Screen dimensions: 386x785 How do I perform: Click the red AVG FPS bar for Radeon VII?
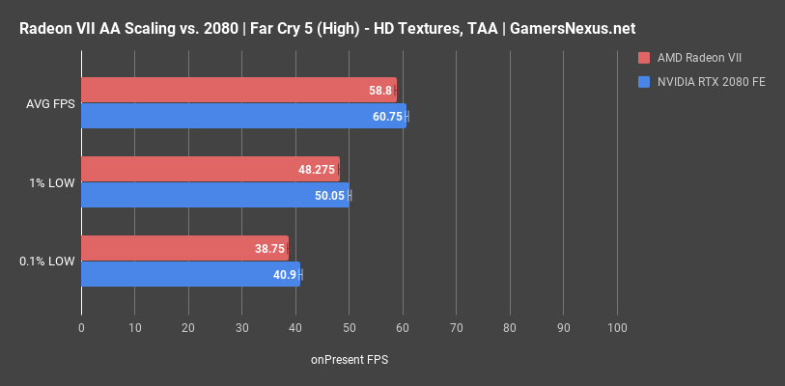coord(238,90)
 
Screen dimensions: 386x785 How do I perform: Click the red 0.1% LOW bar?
coord(183,248)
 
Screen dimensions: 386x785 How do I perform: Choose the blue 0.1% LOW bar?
coord(189,274)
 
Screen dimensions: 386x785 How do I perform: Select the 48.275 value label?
coord(317,170)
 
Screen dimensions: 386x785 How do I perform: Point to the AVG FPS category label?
coord(48,103)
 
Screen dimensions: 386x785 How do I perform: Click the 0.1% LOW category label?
coord(46,262)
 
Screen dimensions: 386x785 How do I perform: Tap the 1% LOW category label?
coord(52,182)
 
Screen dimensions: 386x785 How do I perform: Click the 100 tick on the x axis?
coord(616,328)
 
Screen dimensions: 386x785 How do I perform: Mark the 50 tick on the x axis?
coord(349,328)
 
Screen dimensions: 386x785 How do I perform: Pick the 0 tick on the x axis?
coord(81,328)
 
